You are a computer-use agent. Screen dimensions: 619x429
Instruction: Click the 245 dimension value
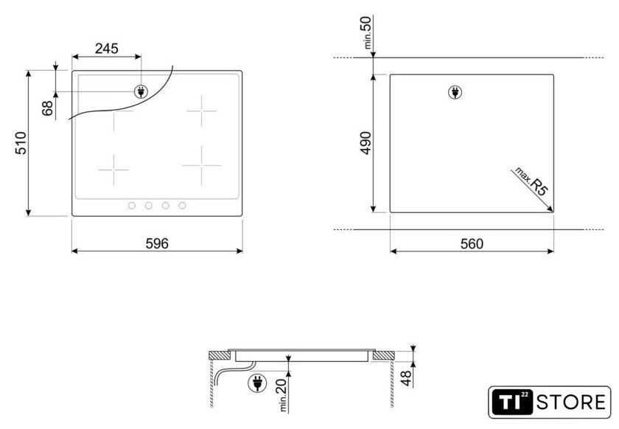[x=107, y=49]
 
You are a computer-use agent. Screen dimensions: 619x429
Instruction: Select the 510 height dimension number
[x=21, y=143]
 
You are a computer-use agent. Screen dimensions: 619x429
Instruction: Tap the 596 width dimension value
[x=157, y=243]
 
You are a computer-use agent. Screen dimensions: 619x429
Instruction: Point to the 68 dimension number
[x=47, y=108]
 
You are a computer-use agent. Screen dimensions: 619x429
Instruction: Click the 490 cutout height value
[x=366, y=143]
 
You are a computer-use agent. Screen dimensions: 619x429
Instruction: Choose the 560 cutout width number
[x=472, y=244]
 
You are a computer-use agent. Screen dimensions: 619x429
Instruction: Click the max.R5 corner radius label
[x=531, y=182]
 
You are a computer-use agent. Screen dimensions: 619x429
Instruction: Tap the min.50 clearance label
[x=367, y=32]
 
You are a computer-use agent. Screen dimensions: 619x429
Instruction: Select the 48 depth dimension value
[x=407, y=378]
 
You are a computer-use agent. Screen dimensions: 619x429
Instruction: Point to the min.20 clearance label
[x=284, y=394]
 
